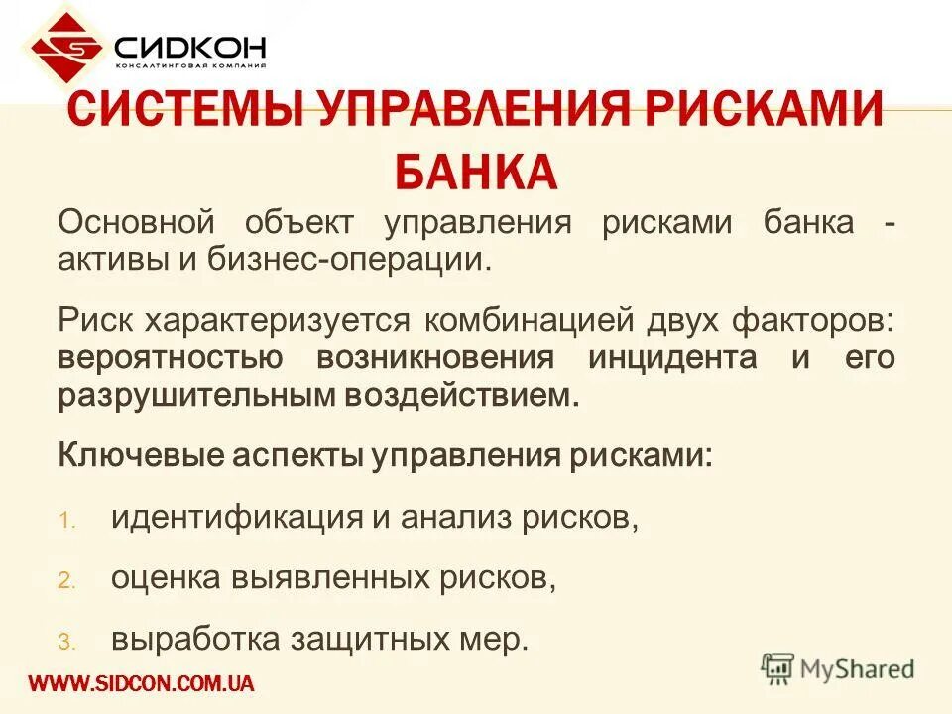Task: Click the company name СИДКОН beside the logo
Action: coord(188,46)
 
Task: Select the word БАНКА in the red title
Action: coord(476,170)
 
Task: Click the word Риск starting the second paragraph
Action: coord(97,319)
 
